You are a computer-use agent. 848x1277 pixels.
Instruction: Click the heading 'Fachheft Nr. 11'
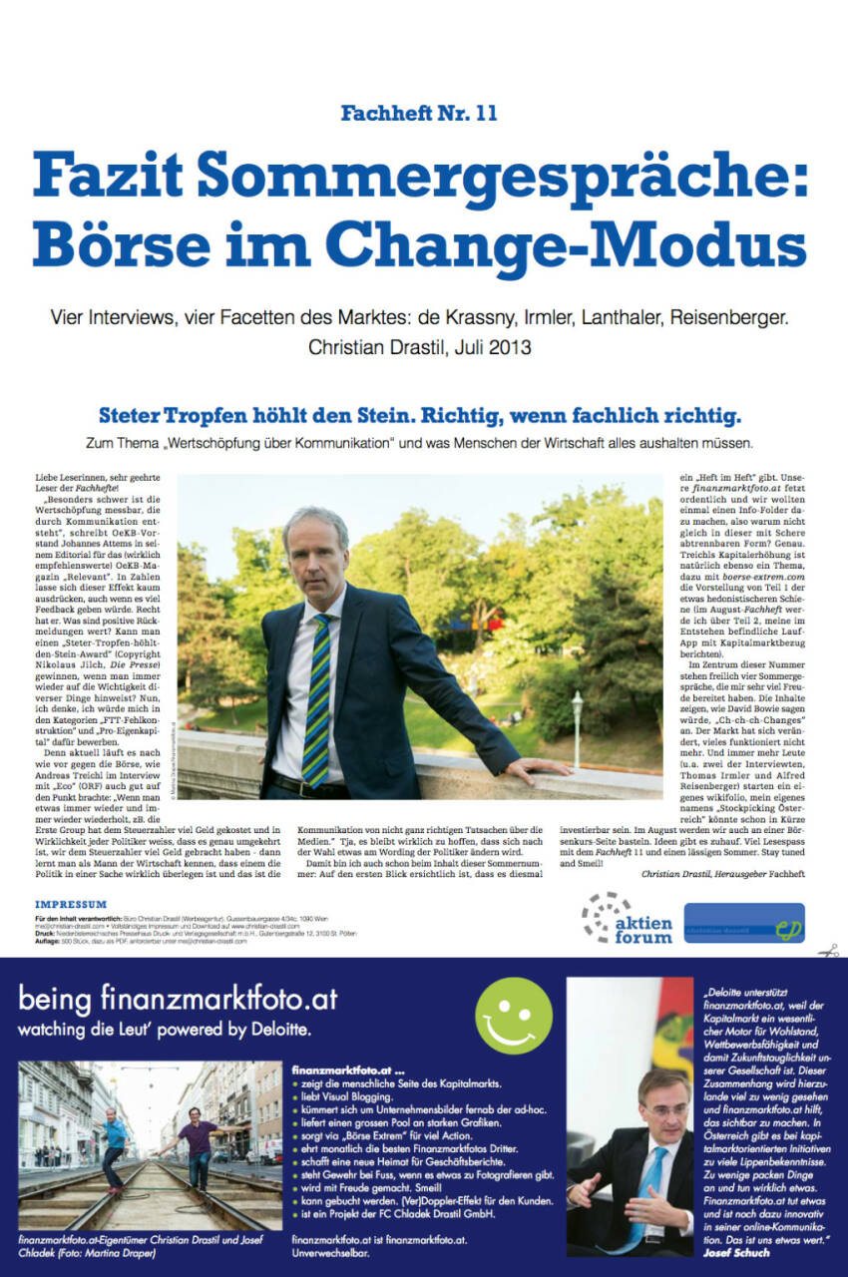pos(418,113)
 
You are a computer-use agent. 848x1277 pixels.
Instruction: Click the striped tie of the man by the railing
pos(317,699)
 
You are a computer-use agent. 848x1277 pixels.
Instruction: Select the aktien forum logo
pos(627,919)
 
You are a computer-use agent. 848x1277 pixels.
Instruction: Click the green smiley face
pos(513,1016)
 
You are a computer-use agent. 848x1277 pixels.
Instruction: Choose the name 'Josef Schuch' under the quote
pos(737,1252)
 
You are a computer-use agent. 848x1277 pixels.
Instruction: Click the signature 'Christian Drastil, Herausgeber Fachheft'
pos(722,873)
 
